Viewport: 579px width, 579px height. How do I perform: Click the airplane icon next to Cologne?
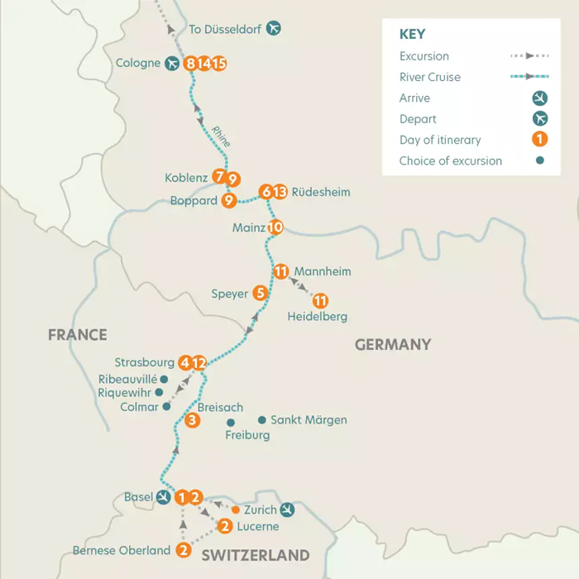pyautogui.click(x=172, y=63)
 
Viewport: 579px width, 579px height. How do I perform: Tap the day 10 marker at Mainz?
pyautogui.click(x=275, y=227)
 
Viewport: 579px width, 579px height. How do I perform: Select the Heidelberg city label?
pyautogui.click(x=317, y=316)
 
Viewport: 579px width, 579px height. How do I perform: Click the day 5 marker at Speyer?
pyautogui.click(x=260, y=293)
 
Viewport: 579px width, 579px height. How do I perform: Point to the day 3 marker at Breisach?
pyautogui.click(x=192, y=421)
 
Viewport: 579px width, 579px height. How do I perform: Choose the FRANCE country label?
pyautogui.click(x=78, y=335)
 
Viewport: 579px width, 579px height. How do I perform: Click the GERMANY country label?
pyautogui.click(x=393, y=345)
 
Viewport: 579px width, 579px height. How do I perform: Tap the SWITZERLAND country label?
pyautogui.click(x=255, y=555)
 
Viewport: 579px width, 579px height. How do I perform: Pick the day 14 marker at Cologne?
pyautogui.click(x=205, y=63)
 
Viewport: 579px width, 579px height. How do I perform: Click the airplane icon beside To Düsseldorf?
pyautogui.click(x=273, y=29)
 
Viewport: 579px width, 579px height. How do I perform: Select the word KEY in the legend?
pyautogui.click(x=412, y=34)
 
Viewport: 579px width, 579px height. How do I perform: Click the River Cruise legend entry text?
pyautogui.click(x=430, y=77)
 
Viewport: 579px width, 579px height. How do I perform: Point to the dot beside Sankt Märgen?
pyautogui.click(x=261, y=420)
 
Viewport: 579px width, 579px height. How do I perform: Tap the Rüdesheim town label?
pyautogui.click(x=321, y=192)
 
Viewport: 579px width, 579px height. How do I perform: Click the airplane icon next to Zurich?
pyautogui.click(x=287, y=510)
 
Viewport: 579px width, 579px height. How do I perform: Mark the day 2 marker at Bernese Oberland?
pyautogui.click(x=184, y=550)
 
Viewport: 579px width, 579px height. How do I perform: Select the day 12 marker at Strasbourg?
pyautogui.click(x=199, y=362)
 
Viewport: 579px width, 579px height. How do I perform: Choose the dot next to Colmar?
pyautogui.click(x=167, y=407)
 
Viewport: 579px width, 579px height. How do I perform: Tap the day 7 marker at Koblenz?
pyautogui.click(x=218, y=177)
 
